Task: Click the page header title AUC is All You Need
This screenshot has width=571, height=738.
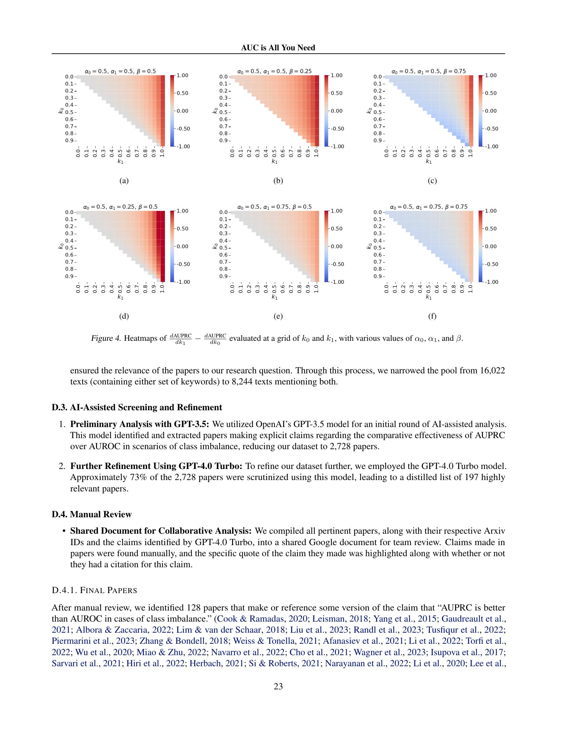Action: point(278,48)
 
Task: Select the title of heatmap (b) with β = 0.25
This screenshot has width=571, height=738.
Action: point(274,71)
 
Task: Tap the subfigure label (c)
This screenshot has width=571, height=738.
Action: point(432,181)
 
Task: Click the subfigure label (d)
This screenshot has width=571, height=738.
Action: point(124,316)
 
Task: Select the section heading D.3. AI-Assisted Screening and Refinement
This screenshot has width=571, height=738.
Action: point(137,408)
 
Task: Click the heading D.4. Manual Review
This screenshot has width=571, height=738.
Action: point(92,515)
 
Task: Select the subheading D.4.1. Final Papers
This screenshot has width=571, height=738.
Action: point(94,591)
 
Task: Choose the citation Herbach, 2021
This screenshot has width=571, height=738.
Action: point(217,663)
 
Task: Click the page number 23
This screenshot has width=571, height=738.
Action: point(278,686)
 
